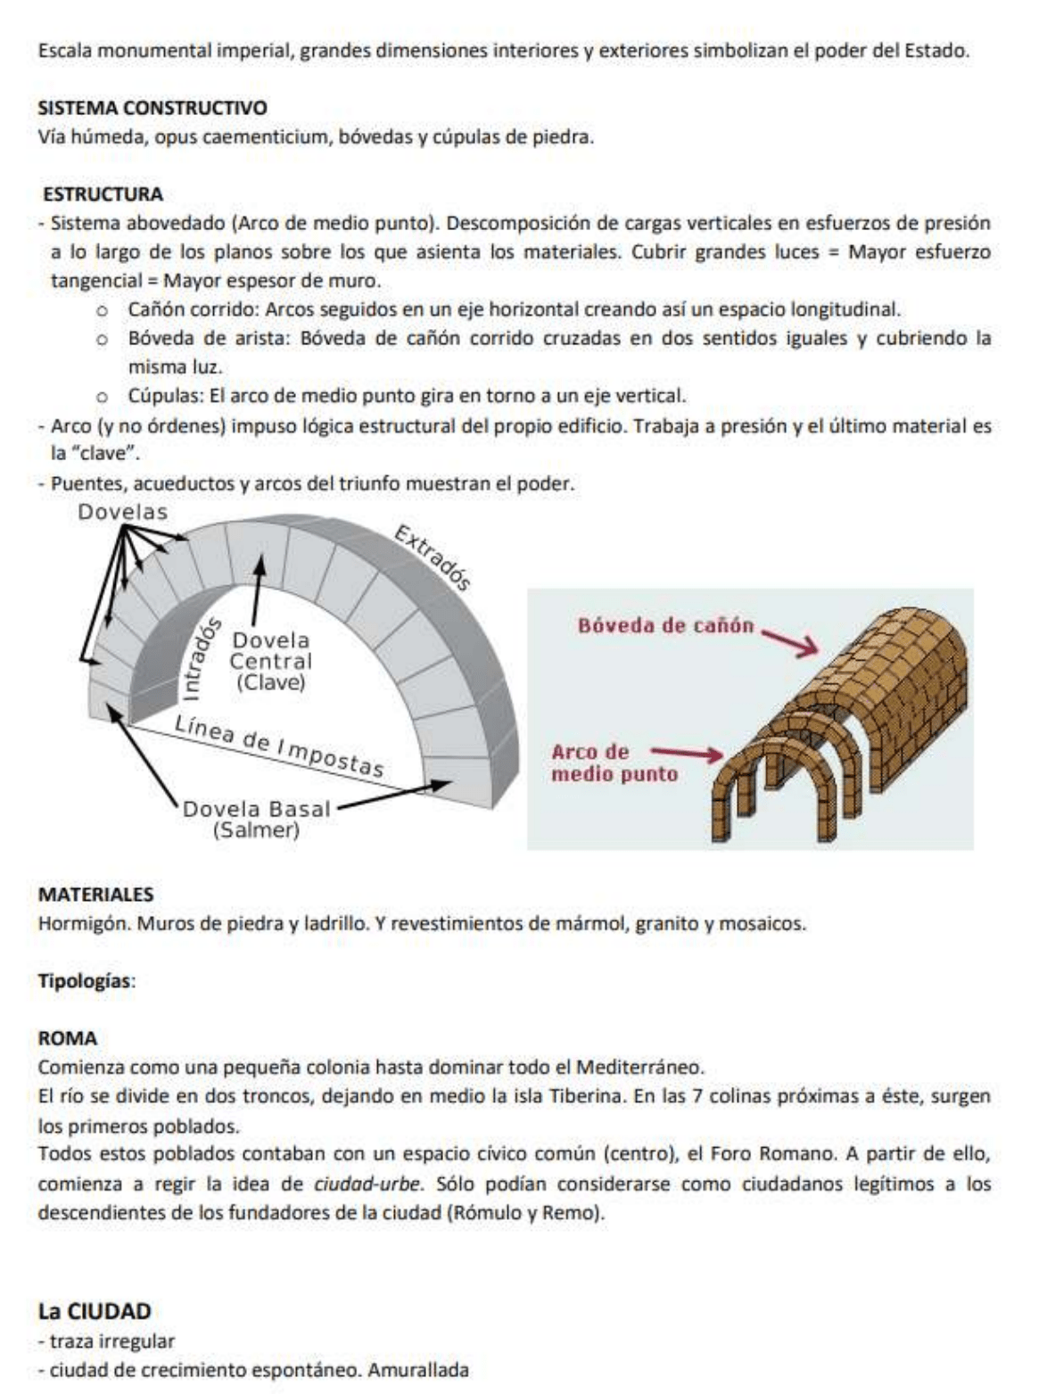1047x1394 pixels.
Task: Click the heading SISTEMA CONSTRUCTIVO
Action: [153, 109]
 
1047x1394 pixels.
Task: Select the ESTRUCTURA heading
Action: [103, 194]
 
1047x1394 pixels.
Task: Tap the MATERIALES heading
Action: [96, 895]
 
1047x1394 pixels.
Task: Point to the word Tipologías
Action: [86, 981]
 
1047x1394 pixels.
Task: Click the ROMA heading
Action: [68, 1039]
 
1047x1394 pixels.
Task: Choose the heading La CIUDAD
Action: [95, 1311]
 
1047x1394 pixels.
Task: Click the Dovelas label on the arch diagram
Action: [122, 513]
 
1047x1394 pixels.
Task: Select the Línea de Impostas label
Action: [279, 746]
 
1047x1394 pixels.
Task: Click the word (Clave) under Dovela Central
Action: [271, 683]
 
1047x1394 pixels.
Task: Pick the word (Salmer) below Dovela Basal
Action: [256, 830]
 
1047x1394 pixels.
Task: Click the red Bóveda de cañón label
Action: [665, 625]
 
